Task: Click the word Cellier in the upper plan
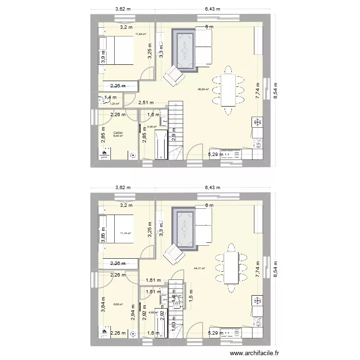118,133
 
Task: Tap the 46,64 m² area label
204,89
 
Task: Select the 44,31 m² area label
199,269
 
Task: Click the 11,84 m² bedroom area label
141,34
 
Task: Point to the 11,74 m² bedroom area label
125,233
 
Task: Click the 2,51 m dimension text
145,102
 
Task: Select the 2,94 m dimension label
133,314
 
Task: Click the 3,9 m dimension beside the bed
103,56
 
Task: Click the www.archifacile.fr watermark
255,353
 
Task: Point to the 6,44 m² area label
118,136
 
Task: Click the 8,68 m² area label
118,304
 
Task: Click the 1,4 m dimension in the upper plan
110,97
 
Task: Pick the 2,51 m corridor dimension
145,102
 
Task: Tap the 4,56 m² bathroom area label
152,127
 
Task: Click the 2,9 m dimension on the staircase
173,136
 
